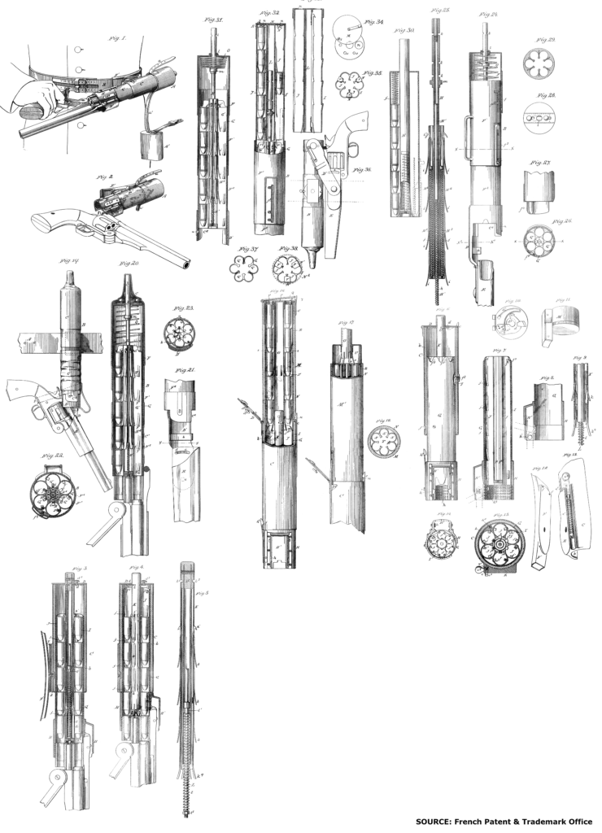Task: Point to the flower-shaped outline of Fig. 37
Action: [242, 267]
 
